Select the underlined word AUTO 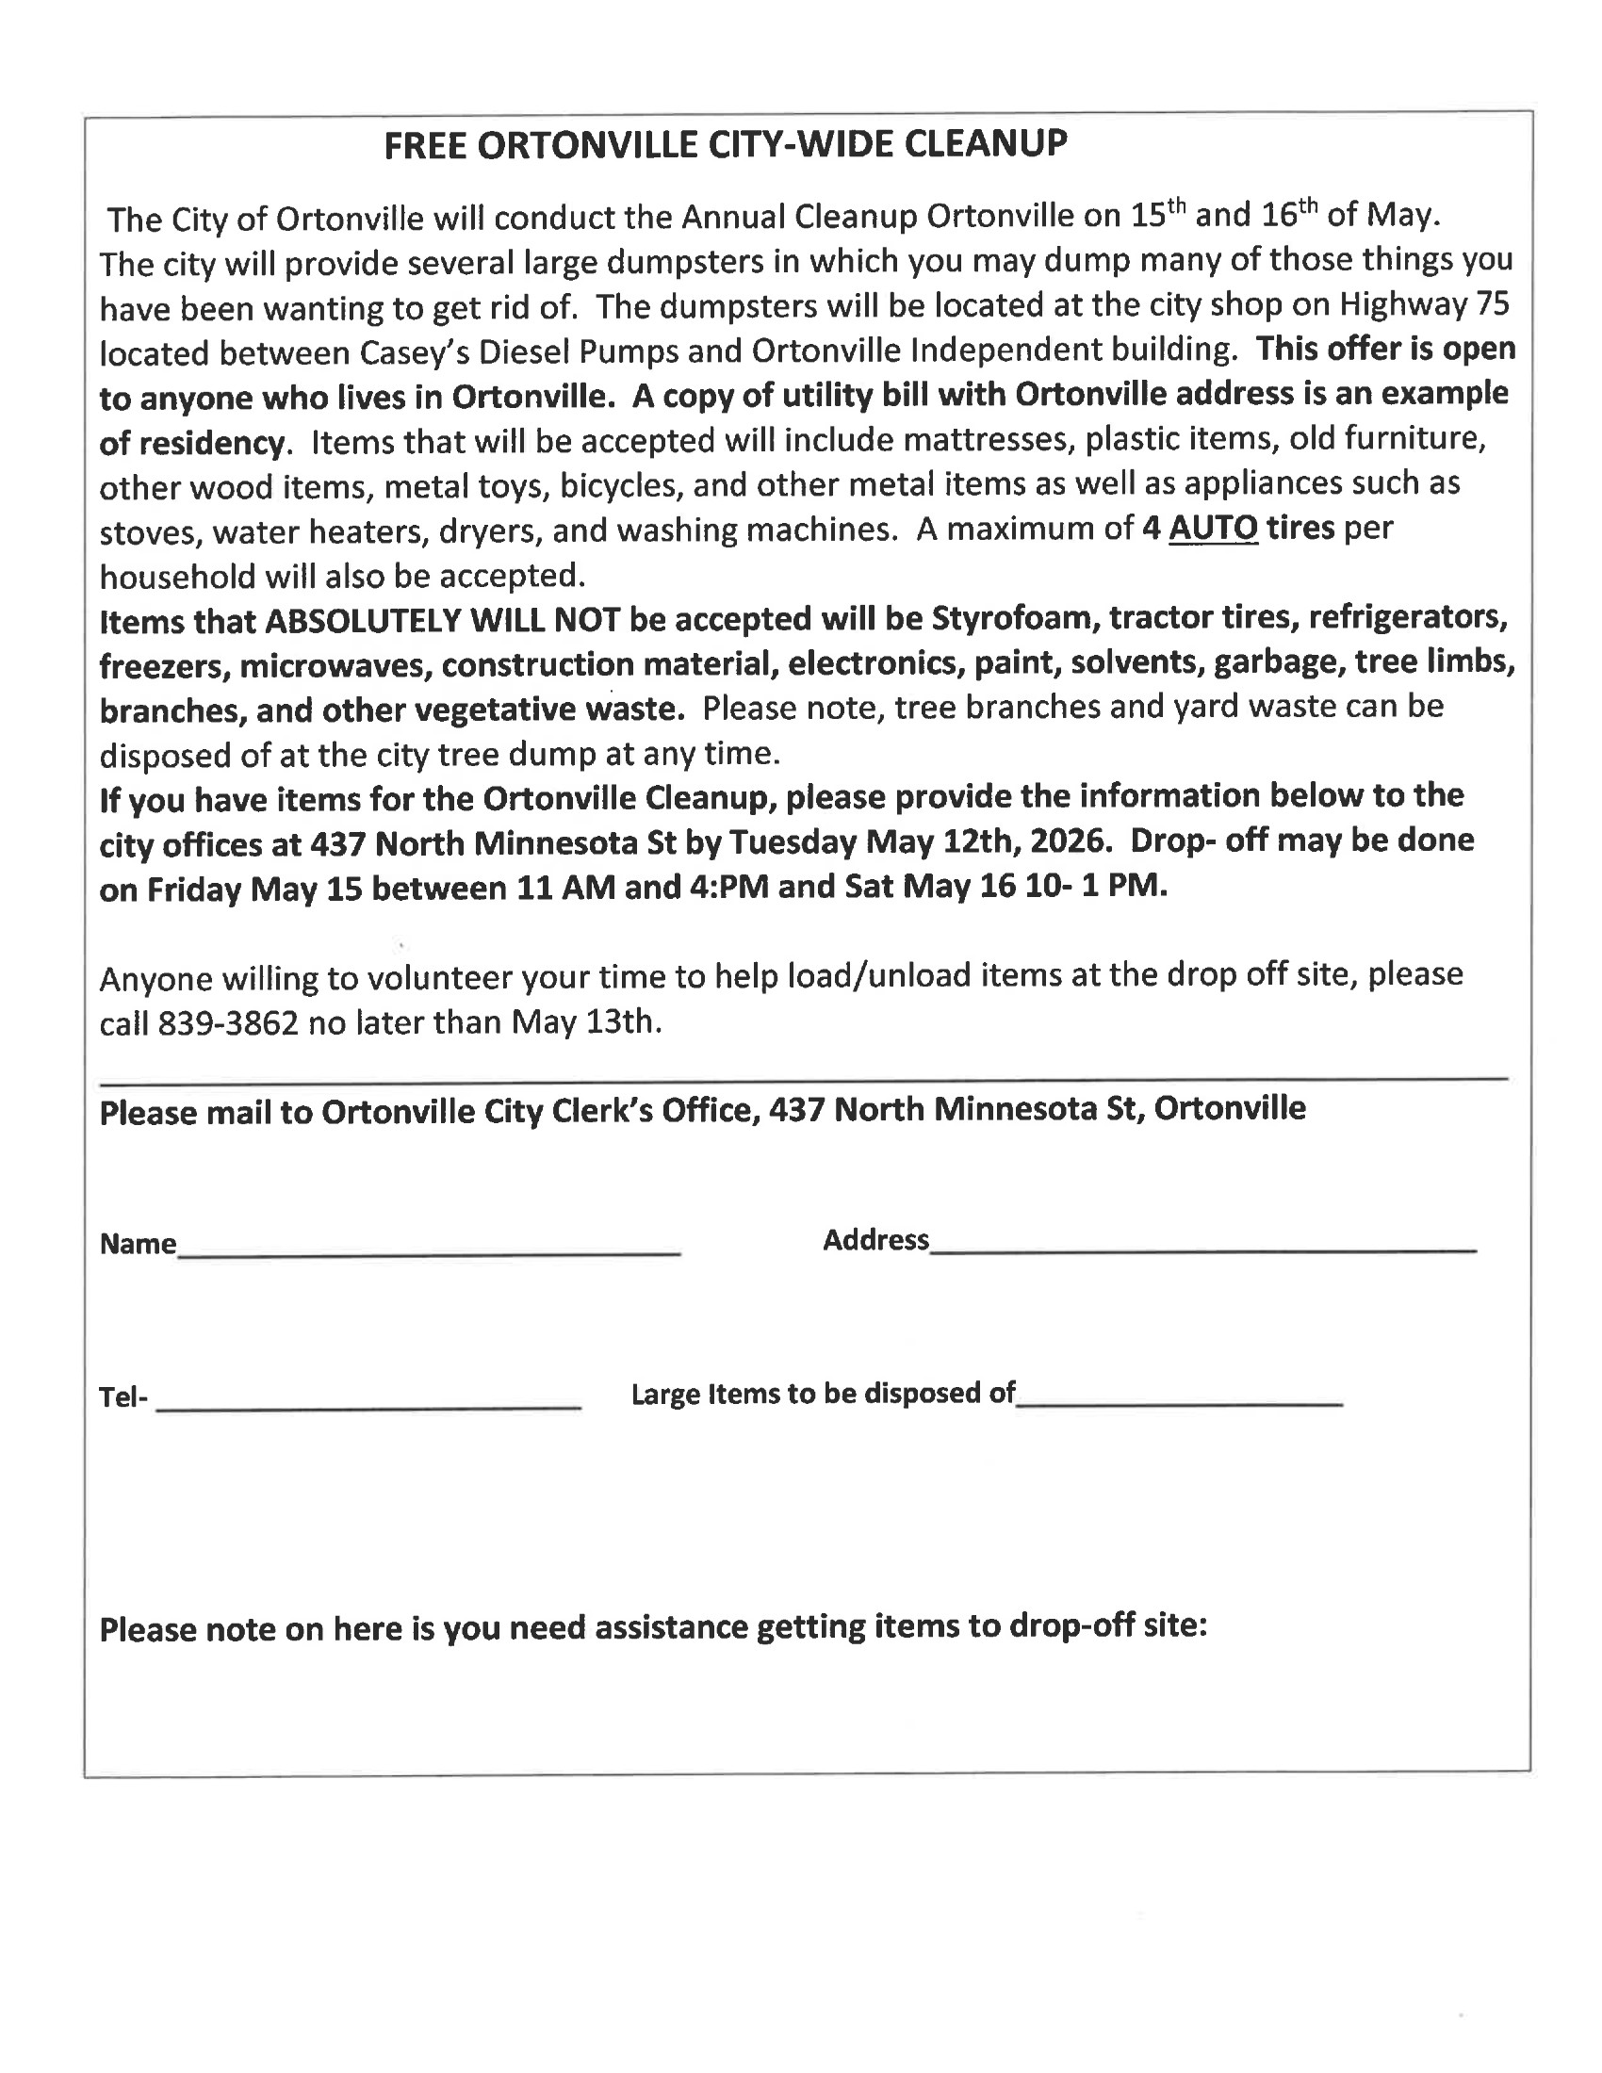point(1213,528)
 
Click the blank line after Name point(429,1253)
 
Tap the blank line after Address point(1202,1250)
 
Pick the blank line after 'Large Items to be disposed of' point(1179,1402)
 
